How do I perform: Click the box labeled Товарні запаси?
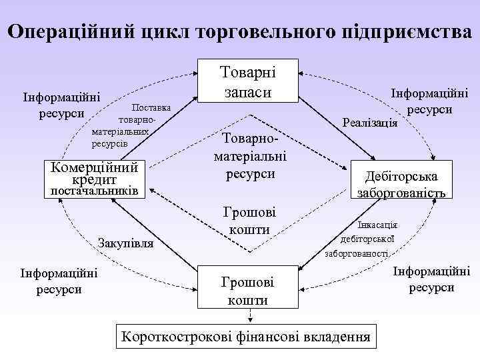pyautogui.click(x=247, y=81)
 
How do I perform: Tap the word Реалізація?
pyautogui.click(x=369, y=123)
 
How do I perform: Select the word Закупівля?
pyautogui.click(x=126, y=243)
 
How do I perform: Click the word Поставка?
pyautogui.click(x=151, y=107)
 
